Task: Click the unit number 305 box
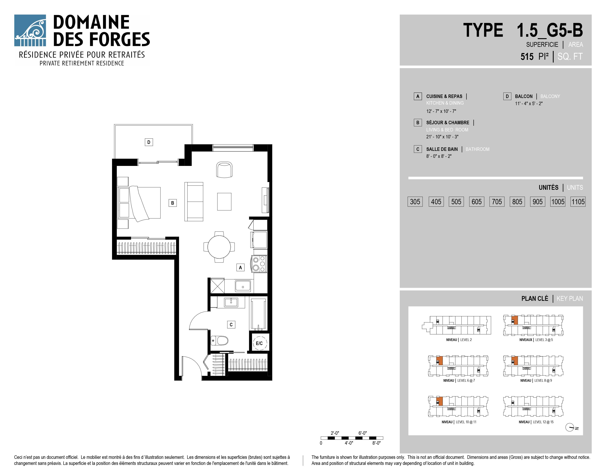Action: click(415, 202)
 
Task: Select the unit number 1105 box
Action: click(578, 202)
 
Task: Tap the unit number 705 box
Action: click(497, 202)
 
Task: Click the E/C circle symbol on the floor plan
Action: click(259, 343)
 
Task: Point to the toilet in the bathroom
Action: click(219, 340)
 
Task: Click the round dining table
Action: click(219, 247)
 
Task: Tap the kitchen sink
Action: click(243, 286)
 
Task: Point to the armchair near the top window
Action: click(224, 170)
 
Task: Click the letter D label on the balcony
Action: click(149, 142)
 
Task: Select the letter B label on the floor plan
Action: click(173, 203)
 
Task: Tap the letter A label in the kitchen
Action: click(240, 268)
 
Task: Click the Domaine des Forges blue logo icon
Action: click(30, 30)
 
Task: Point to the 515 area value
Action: click(527, 57)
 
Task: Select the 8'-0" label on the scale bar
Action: click(376, 443)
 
